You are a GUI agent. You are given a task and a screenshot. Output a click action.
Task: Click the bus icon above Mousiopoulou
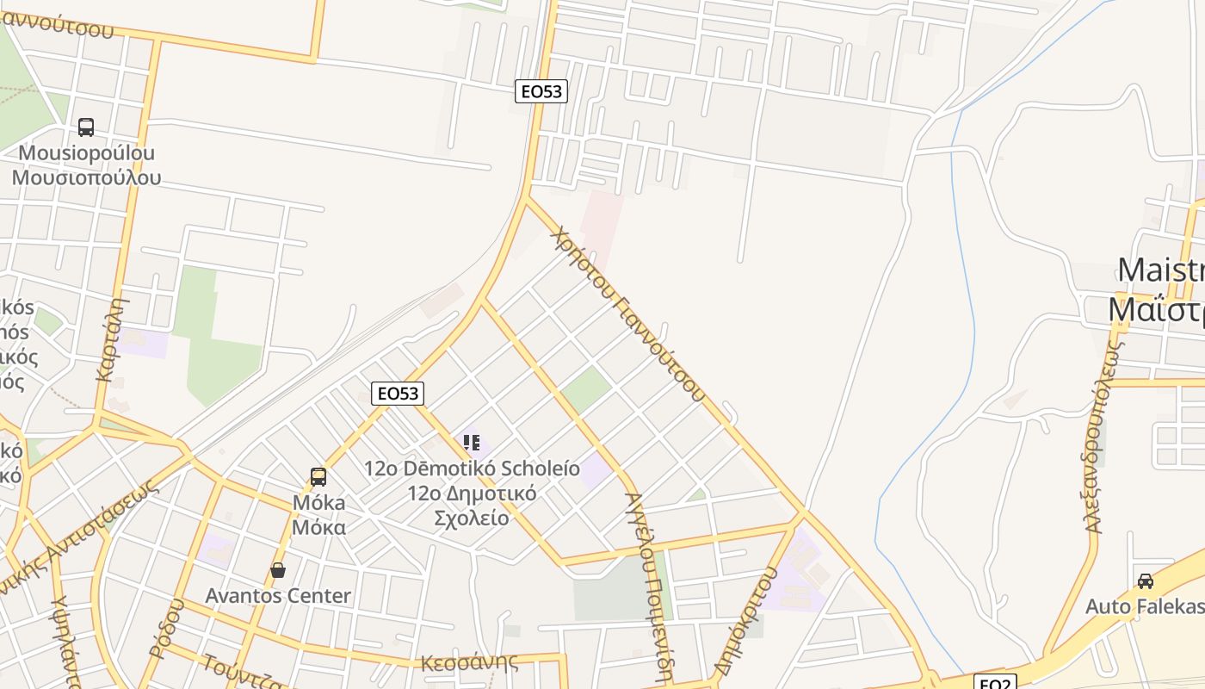[86, 127]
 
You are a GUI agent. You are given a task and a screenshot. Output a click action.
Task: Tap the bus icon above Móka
[318, 476]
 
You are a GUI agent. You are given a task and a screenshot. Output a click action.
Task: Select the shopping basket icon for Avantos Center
[278, 570]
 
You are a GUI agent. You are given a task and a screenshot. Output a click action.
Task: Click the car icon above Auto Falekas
[1145, 581]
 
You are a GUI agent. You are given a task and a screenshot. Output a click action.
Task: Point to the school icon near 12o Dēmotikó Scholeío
[472, 443]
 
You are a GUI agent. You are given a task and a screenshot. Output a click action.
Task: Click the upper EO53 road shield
[541, 91]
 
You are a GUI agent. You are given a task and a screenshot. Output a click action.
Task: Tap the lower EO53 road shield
[398, 394]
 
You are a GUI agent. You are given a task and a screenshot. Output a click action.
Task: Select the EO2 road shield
[995, 683]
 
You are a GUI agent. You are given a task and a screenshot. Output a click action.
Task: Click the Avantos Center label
[278, 596]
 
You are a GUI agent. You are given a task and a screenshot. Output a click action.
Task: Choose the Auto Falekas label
[1144, 606]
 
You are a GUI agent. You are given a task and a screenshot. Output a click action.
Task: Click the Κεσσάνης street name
[469, 662]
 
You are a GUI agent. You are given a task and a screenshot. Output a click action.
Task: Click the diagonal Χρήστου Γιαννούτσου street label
[629, 313]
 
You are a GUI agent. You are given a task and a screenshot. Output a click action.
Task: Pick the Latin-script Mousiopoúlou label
[86, 153]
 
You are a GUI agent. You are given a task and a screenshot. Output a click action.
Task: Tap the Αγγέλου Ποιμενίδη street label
[648, 586]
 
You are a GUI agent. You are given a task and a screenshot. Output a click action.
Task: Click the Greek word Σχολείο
[471, 518]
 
